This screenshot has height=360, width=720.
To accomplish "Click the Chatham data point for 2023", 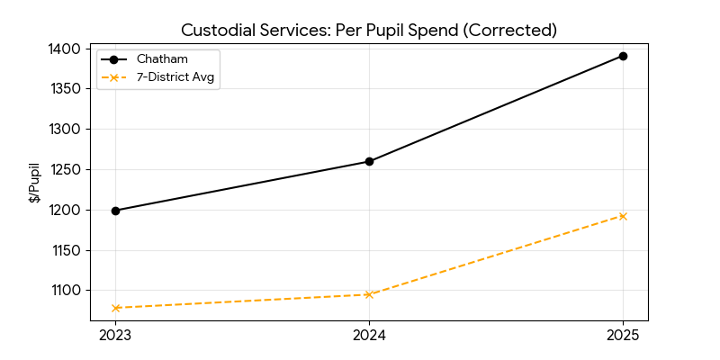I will (x=115, y=211).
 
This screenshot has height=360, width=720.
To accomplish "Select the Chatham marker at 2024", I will (x=369, y=162).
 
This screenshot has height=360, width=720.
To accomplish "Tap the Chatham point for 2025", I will (x=623, y=56).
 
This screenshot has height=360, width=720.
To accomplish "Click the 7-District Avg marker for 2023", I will (x=115, y=308).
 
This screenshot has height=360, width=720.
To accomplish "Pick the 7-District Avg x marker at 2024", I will (x=369, y=294).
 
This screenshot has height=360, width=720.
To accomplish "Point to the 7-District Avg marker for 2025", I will (x=623, y=216).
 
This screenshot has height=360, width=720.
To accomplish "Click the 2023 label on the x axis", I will (x=115, y=336).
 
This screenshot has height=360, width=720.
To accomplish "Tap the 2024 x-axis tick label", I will (x=369, y=336).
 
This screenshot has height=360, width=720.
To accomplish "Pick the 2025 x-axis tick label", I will (x=623, y=336).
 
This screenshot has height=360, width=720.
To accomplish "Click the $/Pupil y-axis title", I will (x=34, y=183).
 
